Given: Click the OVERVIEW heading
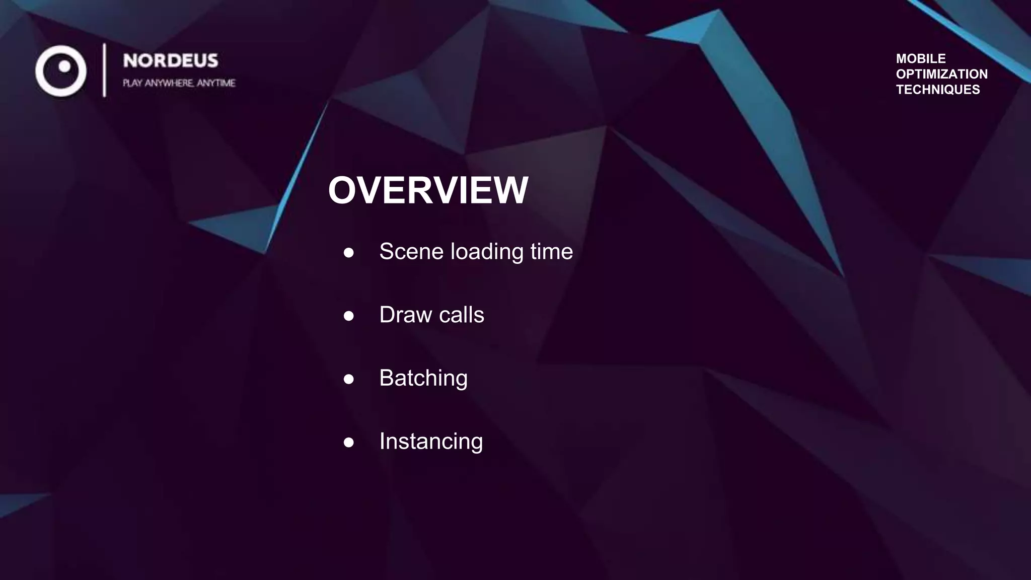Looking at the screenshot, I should (x=428, y=190).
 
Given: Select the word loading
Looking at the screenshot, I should (x=487, y=252).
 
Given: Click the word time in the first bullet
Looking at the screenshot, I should (x=551, y=251).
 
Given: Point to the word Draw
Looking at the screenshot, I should (x=405, y=315).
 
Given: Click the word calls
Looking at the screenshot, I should (x=462, y=315).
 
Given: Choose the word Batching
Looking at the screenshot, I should (x=423, y=378).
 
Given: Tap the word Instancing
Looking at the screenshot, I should (x=431, y=442).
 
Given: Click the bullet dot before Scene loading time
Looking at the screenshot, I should (x=348, y=253).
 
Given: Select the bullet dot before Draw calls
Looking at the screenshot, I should (x=348, y=316).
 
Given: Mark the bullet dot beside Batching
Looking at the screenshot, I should (x=348, y=379).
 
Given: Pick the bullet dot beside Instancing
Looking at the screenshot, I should (x=348, y=443).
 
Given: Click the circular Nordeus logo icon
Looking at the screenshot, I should (x=61, y=71).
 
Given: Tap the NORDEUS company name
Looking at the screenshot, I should (x=171, y=61).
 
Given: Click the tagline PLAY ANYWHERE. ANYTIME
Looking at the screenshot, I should (x=179, y=83).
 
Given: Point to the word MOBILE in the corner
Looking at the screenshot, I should (x=921, y=58).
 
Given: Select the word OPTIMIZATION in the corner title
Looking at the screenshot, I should (x=941, y=74).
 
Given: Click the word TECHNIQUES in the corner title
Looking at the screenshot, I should (x=938, y=90).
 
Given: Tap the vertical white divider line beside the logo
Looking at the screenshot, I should (x=104, y=70).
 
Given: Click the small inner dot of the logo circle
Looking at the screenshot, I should (x=64, y=66).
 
